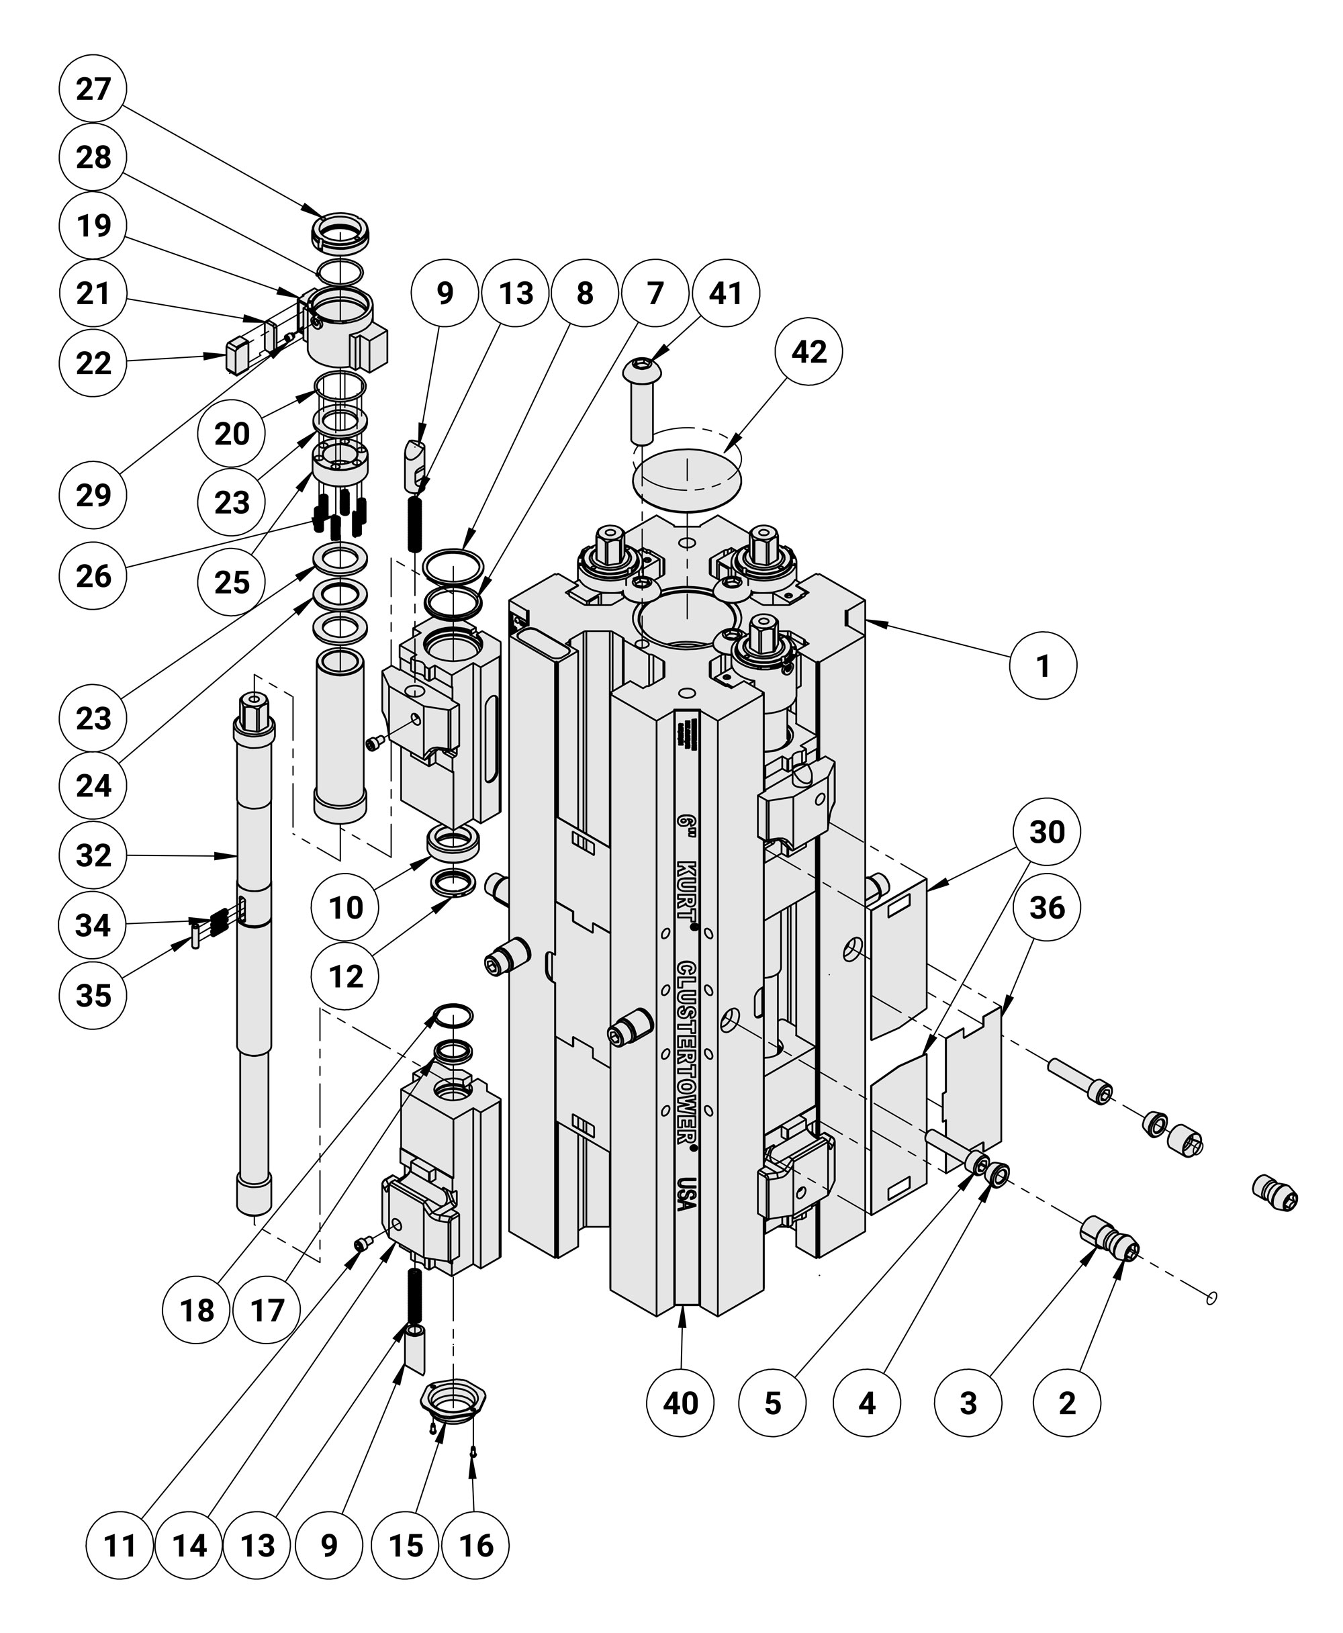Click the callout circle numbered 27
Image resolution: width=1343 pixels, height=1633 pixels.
(x=93, y=88)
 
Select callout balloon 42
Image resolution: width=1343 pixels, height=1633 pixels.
(x=808, y=351)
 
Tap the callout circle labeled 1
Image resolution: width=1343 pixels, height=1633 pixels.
(x=1043, y=665)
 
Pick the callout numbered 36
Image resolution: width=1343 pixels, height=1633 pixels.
(x=1047, y=906)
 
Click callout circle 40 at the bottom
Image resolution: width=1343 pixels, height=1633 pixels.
(x=681, y=1403)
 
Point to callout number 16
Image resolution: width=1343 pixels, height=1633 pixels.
(x=476, y=1545)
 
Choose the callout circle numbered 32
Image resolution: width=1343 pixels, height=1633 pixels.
(x=93, y=855)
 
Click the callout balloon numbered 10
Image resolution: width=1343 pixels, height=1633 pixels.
(x=345, y=906)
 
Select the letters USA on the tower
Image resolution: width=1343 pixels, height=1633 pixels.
(x=686, y=1195)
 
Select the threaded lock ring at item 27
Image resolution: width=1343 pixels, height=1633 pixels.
(x=340, y=233)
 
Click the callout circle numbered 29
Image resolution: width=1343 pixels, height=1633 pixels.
(x=93, y=494)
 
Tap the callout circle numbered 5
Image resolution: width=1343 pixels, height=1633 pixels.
(x=772, y=1403)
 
